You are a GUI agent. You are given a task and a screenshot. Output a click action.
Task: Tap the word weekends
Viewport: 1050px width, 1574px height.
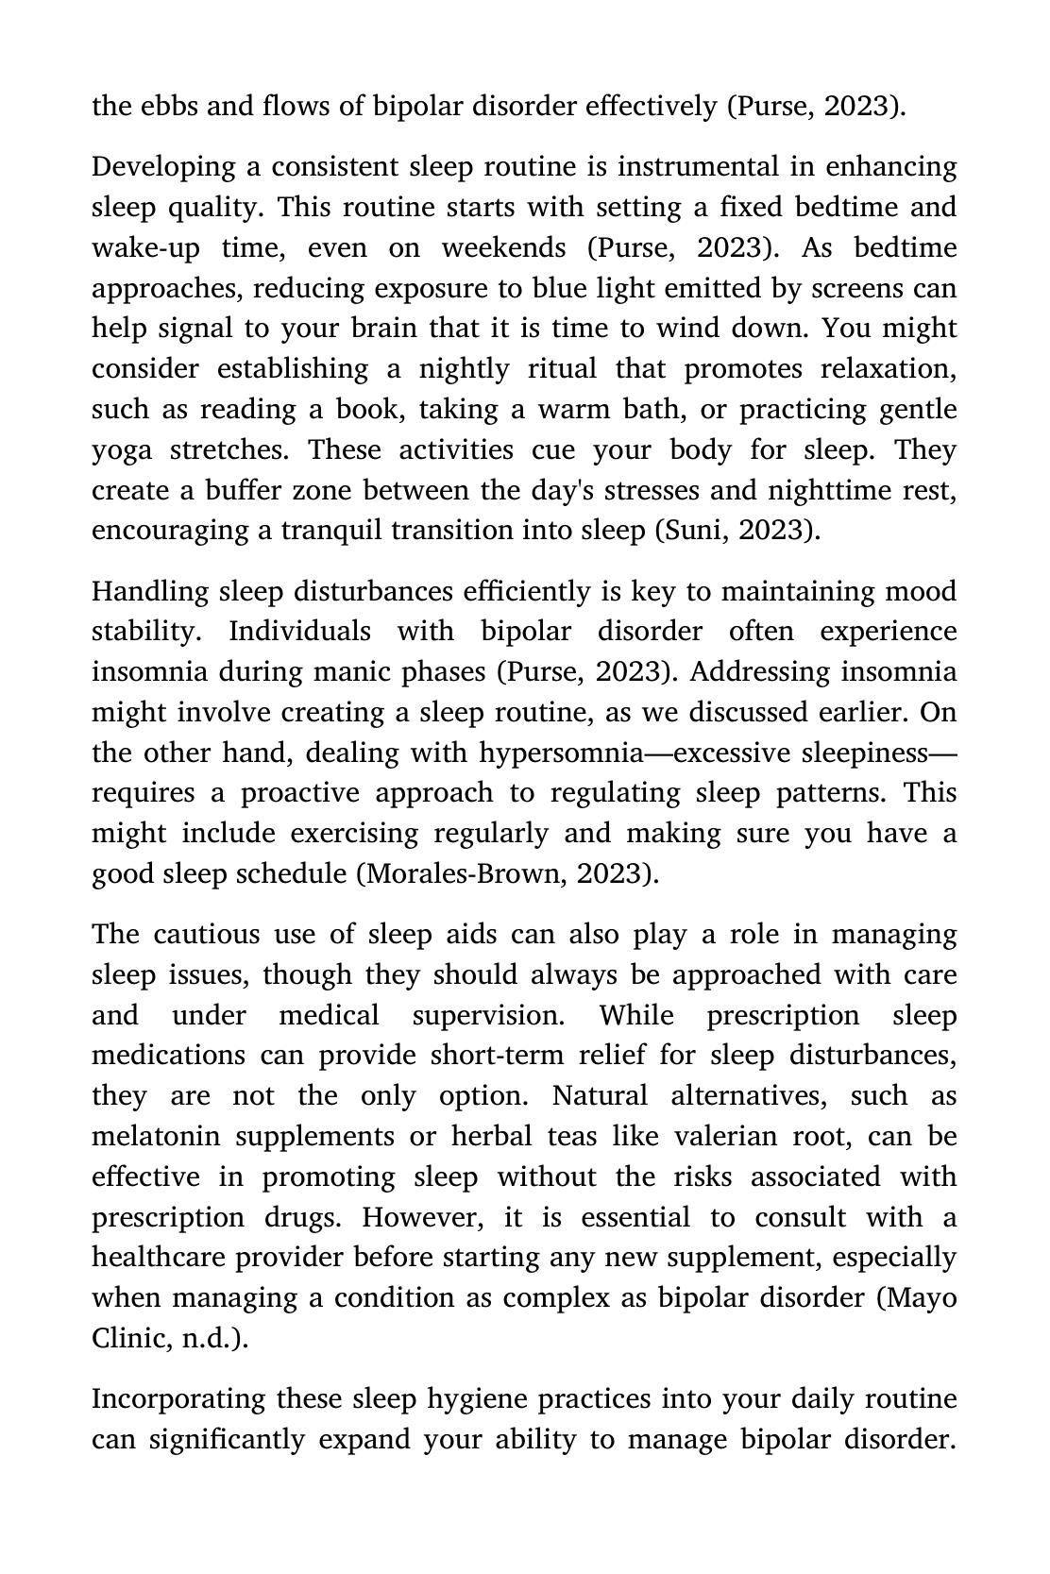click(503, 248)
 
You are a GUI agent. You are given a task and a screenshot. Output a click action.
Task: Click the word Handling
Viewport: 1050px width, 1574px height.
click(151, 592)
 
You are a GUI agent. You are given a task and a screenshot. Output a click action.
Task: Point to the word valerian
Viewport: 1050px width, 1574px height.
click(725, 1137)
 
